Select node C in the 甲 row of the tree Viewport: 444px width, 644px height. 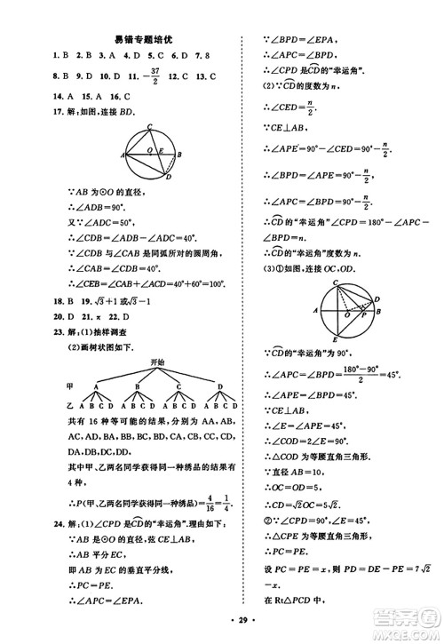178,386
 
